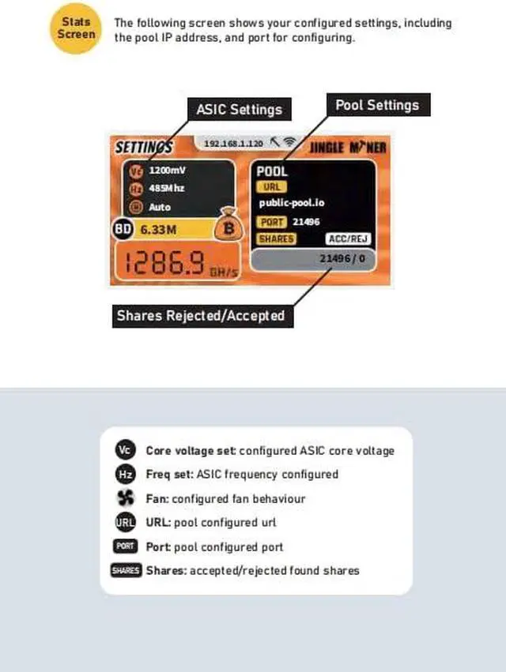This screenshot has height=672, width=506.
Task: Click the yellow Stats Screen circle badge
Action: [x=77, y=28]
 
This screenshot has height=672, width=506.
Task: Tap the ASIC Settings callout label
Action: [x=239, y=109]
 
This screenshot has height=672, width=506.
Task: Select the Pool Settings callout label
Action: [x=377, y=105]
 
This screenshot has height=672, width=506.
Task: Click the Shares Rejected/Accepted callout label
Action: [x=200, y=316]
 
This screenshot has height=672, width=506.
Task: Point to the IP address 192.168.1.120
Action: [x=233, y=144]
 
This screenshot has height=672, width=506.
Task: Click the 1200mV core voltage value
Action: [x=167, y=170]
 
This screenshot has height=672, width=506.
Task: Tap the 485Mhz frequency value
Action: [x=167, y=188]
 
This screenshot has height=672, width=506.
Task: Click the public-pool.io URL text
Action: [x=292, y=203]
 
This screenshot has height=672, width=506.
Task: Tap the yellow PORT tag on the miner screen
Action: [x=272, y=222]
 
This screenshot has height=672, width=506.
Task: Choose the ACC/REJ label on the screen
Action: [x=349, y=238]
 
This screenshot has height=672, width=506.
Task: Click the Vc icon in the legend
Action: [x=125, y=450]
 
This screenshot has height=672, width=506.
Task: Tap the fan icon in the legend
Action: [x=125, y=498]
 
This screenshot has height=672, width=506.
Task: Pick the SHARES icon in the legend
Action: [x=125, y=570]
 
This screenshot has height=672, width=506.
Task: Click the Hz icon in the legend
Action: [x=125, y=474]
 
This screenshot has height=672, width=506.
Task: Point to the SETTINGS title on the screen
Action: [x=144, y=148]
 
